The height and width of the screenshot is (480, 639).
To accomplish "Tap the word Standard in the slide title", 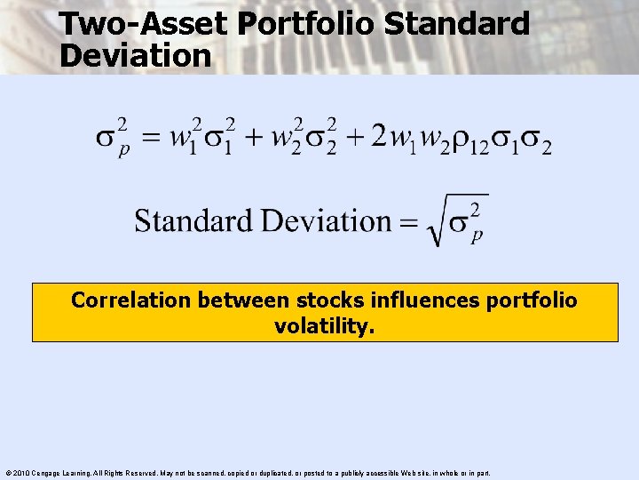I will point(462,23).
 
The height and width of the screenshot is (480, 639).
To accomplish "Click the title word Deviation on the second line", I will point(135,55).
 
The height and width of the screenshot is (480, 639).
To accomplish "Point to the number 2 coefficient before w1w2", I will point(379,136).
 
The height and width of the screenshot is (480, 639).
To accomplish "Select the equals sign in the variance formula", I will point(154,139).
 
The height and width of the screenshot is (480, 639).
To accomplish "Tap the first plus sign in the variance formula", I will point(255,139).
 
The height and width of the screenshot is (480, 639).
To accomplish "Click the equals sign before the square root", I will point(408,222).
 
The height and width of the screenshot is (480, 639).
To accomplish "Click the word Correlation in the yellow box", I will point(131,300).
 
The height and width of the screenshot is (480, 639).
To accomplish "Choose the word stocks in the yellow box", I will point(308,300).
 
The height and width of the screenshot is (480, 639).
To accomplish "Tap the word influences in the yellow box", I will point(412,300).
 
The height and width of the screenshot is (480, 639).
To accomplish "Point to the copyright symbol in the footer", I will point(6,473).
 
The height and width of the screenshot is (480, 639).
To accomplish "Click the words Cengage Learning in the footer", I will point(59,473).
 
